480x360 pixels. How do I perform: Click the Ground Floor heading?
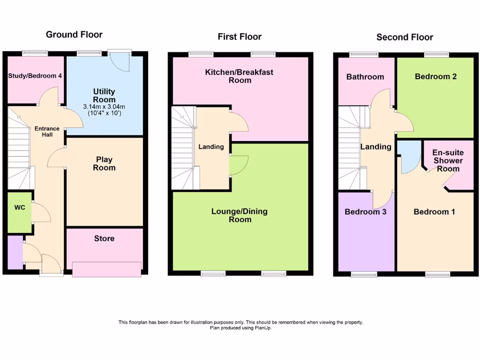74,34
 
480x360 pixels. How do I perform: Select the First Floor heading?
239,37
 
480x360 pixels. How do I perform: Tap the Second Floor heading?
405,37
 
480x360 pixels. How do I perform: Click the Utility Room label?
104,95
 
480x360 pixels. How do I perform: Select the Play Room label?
104,164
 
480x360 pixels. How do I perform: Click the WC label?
20,207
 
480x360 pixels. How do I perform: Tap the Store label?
104,239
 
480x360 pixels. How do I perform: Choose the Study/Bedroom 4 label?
35,75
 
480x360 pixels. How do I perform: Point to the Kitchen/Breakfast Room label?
239,76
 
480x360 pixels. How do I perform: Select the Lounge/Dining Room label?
239,215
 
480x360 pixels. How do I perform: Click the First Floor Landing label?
211,147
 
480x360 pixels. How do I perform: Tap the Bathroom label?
365,77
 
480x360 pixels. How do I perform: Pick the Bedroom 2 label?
435,76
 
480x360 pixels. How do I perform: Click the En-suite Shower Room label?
448,160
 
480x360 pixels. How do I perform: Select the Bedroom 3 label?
365,212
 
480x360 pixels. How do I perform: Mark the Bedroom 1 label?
434,212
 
